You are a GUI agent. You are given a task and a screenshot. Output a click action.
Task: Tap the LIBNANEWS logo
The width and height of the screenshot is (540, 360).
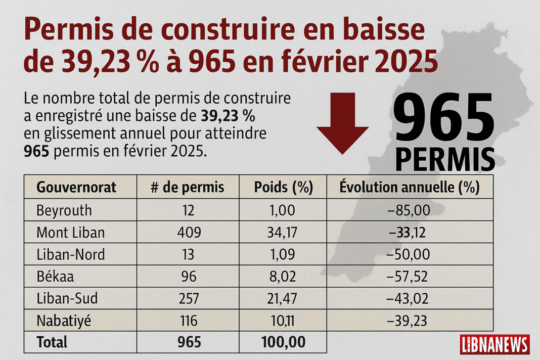coord(494,344)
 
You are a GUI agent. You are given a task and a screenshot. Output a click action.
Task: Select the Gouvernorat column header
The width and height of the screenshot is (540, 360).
coord(76,188)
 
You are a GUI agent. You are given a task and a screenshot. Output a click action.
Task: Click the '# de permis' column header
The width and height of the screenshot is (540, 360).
coord(188,188)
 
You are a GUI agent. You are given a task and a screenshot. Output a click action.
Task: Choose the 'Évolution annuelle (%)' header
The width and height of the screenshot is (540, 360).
coord(409,188)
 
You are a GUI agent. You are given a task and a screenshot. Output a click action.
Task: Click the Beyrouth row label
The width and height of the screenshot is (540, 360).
coord(64,210)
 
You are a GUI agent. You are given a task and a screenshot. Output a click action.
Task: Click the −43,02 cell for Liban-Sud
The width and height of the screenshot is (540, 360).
coord(408,298)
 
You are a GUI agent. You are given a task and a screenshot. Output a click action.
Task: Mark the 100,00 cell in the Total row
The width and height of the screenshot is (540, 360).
coord(283,342)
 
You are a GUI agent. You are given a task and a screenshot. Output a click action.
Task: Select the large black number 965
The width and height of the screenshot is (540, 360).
coord(443,119)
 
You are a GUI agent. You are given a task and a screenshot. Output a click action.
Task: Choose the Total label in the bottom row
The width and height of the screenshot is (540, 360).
coord(52,342)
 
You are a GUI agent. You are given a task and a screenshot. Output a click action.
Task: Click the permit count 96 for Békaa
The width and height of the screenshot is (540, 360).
coord(188,277)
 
